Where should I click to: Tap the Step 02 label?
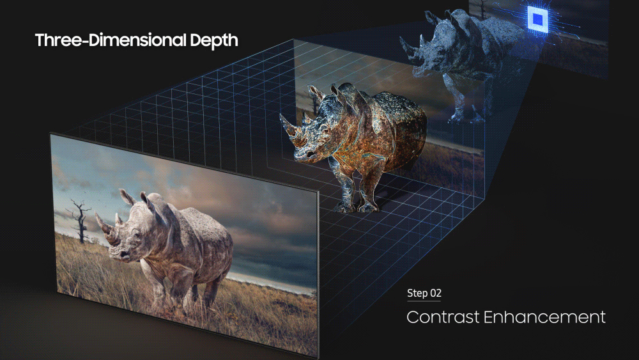click(x=424, y=293)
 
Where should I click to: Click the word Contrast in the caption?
click(x=443, y=317)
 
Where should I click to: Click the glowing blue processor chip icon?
click(x=537, y=19)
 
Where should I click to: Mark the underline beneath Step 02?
click(x=424, y=301)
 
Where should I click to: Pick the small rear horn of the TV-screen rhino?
click(x=118, y=219)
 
